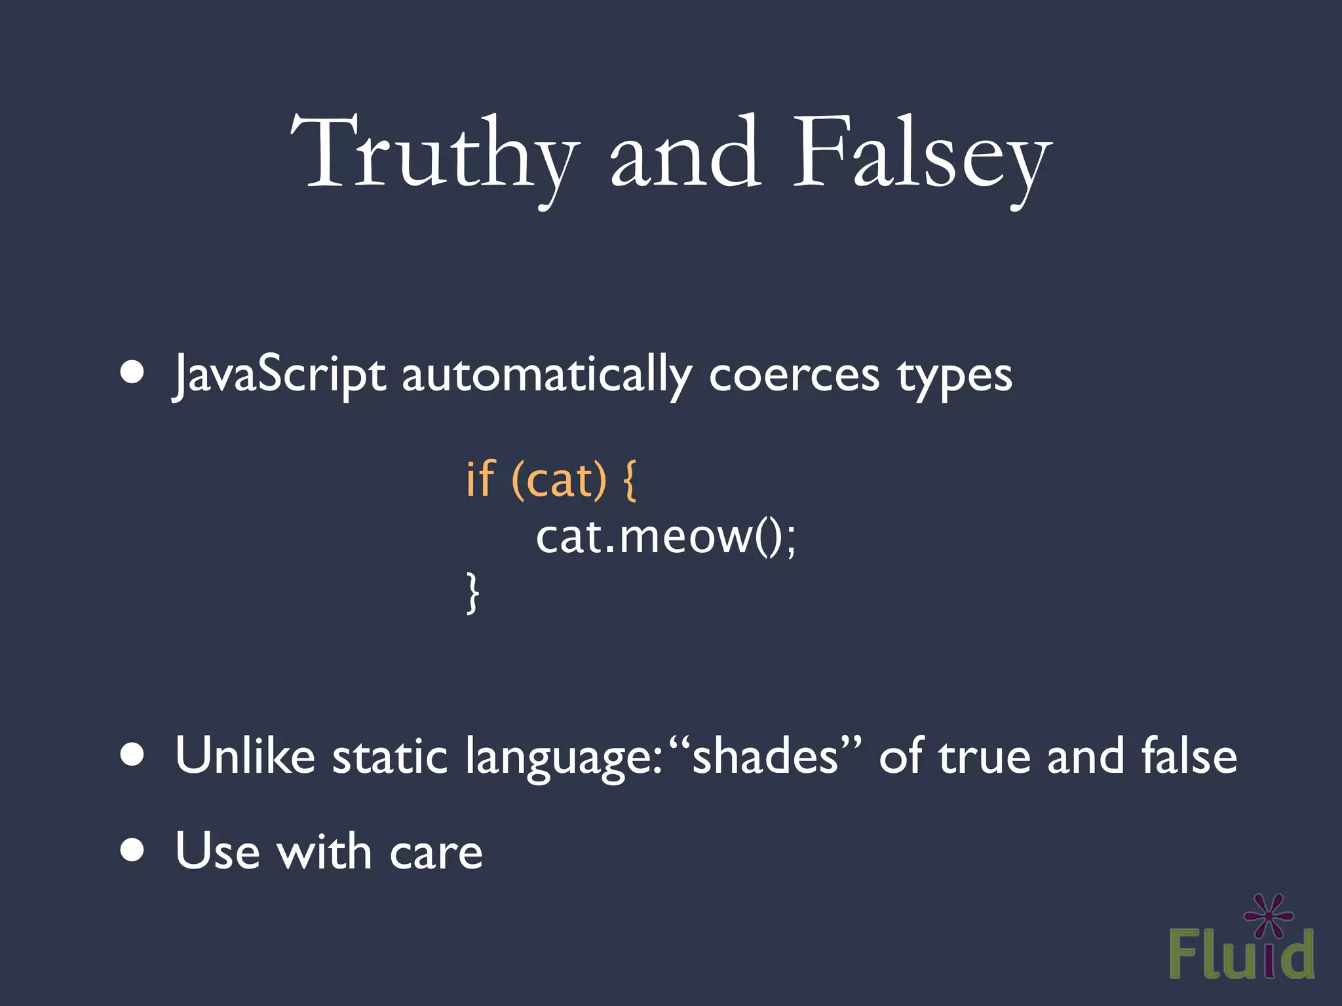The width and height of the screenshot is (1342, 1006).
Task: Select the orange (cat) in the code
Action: pos(559,480)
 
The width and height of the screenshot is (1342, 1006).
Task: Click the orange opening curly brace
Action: pos(628,480)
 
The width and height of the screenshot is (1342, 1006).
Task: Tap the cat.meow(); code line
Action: pos(665,537)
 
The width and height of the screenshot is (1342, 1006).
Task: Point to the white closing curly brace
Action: pos(472,593)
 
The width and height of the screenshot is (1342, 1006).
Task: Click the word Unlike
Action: pos(245,756)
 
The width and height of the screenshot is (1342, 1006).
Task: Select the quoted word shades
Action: pos(765,756)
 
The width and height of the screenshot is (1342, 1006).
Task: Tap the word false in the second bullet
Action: pos(1189,756)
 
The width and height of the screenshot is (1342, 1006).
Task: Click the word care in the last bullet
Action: pos(436,853)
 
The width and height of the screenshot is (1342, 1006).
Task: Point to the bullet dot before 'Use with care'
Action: pos(132,850)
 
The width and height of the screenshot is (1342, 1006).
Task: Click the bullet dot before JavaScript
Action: pos(132,373)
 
